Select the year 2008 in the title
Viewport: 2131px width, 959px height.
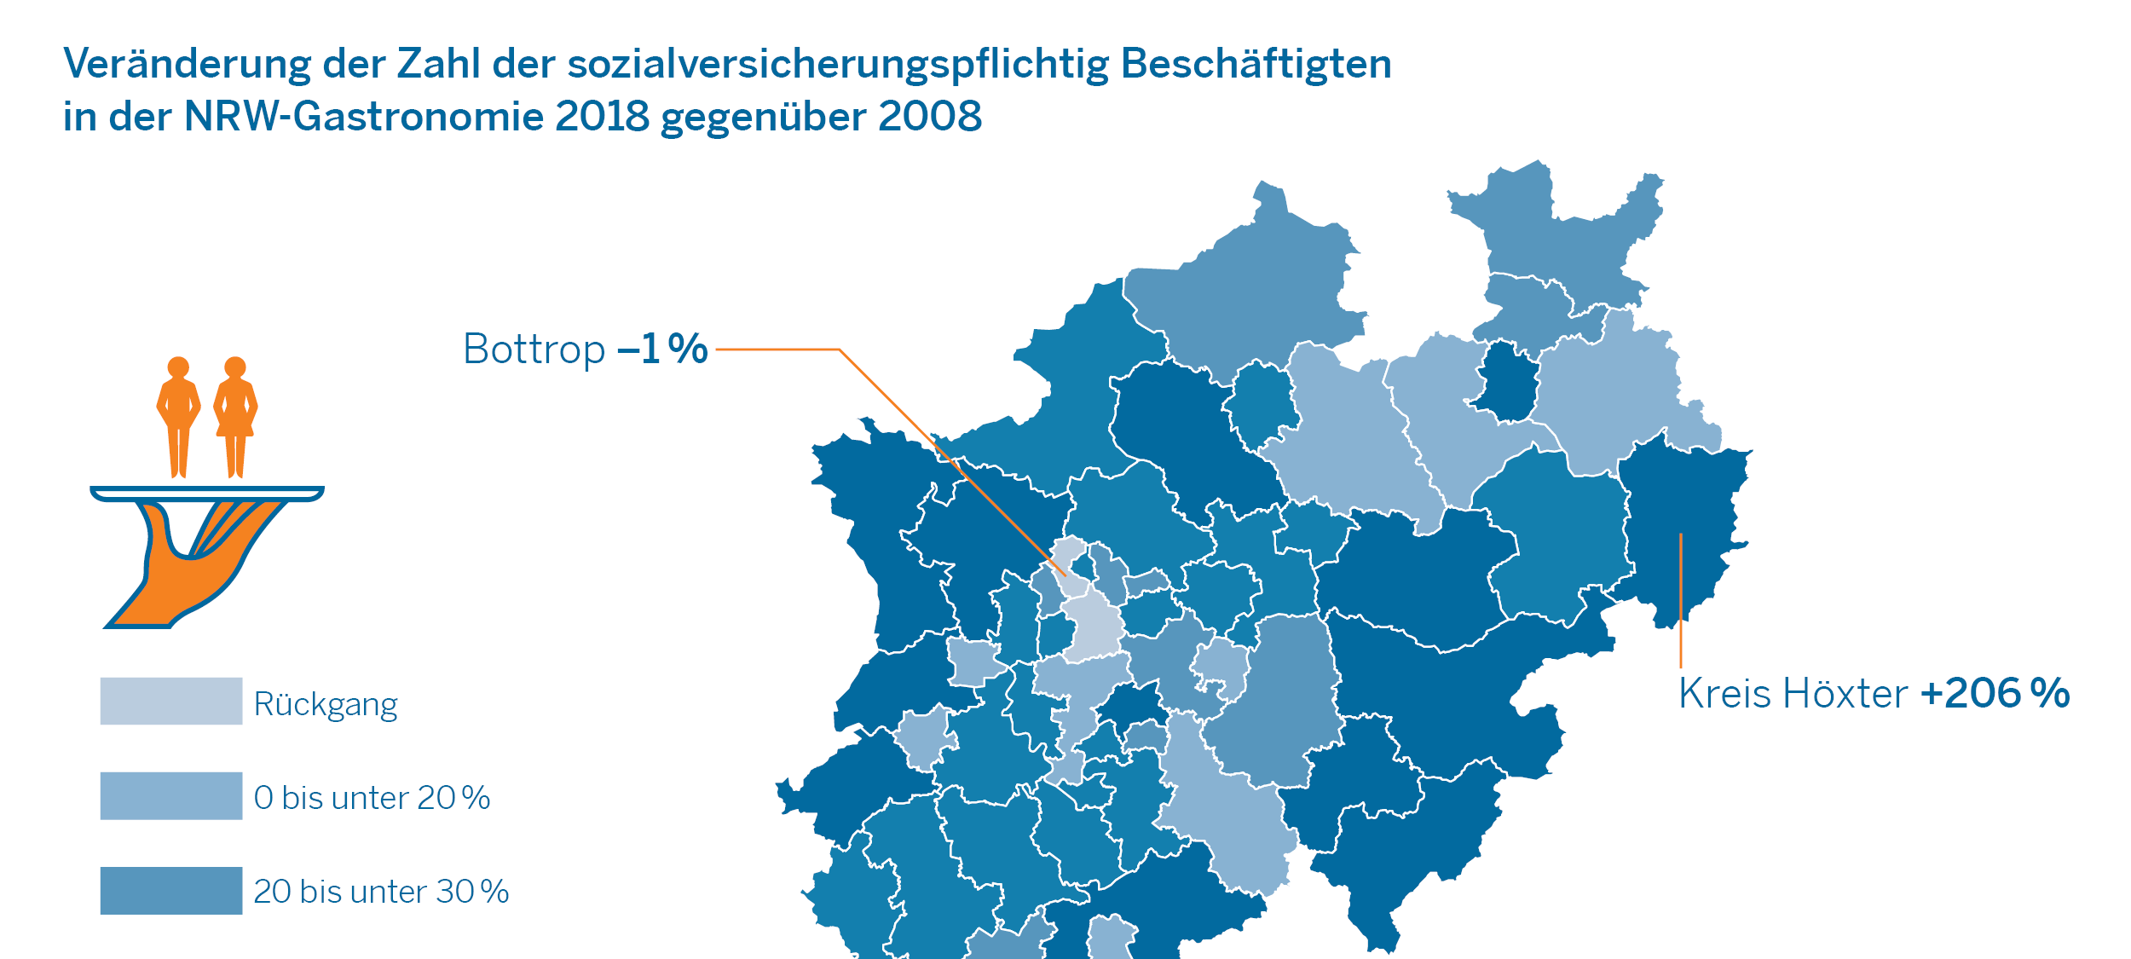(x=930, y=117)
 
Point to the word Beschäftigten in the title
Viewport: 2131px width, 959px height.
(x=1256, y=64)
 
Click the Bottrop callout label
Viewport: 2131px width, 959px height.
(x=534, y=350)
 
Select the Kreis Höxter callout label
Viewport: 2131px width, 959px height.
(x=1793, y=694)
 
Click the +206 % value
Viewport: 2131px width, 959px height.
(x=1995, y=694)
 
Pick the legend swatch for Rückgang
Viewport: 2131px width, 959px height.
(x=171, y=701)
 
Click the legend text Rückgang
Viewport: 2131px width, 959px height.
(x=326, y=705)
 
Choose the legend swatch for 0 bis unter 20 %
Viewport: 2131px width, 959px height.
(x=171, y=795)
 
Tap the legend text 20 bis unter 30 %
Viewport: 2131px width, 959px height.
(x=381, y=892)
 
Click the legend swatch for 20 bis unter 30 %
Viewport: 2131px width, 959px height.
(x=171, y=890)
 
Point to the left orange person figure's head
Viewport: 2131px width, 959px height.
(x=178, y=367)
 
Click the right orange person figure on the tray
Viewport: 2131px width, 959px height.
(x=235, y=418)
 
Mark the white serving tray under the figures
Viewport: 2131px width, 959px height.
(x=207, y=494)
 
